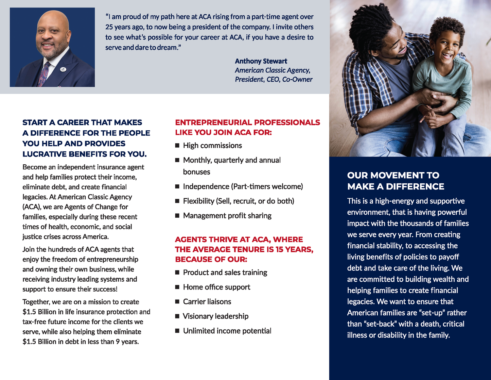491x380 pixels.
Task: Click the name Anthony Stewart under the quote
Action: click(x=261, y=61)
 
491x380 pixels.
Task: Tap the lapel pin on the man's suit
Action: click(x=63, y=69)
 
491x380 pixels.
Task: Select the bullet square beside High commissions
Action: click(x=177, y=146)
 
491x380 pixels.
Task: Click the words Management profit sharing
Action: click(x=227, y=216)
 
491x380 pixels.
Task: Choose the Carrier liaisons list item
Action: click(x=207, y=302)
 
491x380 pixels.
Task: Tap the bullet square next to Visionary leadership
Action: click(x=177, y=316)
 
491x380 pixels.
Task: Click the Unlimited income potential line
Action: click(x=227, y=331)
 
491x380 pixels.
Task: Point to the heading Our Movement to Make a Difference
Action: click(x=395, y=181)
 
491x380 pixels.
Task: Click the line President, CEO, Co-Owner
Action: click(x=274, y=80)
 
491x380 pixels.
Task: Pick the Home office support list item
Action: click(x=216, y=287)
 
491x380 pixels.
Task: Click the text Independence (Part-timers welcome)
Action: click(x=243, y=187)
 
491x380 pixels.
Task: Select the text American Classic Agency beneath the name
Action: click(x=272, y=70)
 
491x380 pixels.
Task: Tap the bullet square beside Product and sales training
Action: click(x=177, y=272)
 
